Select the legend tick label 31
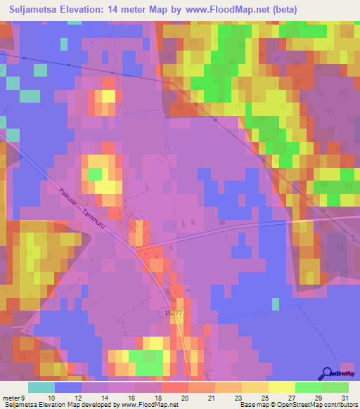coord(344,398)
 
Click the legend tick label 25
coord(264,398)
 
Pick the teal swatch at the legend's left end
coord(41,387)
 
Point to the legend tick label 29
coord(317,398)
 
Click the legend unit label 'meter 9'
coord(18,398)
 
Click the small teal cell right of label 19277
coord(276,304)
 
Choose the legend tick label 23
coord(238,398)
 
